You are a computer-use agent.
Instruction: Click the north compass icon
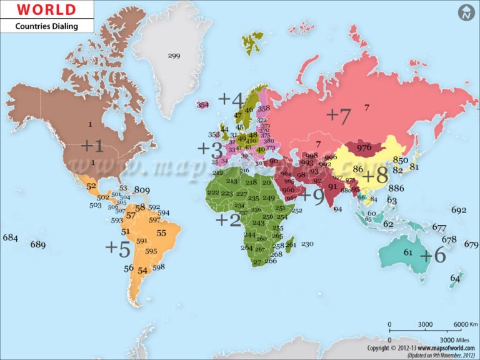point(466,12)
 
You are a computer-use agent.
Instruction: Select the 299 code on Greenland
point(174,56)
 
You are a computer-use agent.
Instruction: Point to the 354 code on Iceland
point(202,105)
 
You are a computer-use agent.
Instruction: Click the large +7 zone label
point(339,115)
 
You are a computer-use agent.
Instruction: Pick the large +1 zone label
point(92,146)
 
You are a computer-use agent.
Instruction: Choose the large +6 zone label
point(432,255)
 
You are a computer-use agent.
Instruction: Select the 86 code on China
point(358,169)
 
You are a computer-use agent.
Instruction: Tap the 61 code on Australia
point(408,252)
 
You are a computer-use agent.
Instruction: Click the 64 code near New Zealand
point(455,278)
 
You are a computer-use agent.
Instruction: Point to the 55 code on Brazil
point(161,233)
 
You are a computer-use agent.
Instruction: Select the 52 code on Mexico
point(91,186)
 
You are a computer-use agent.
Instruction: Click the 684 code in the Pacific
point(10,237)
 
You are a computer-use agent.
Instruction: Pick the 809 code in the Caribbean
point(142,190)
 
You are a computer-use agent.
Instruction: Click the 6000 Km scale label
point(465,324)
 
